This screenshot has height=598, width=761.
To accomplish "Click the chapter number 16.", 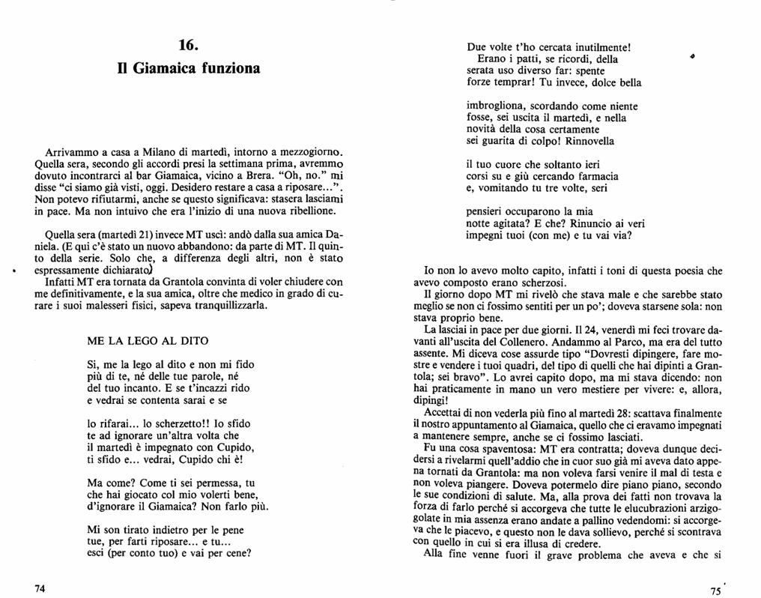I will click(x=188, y=45).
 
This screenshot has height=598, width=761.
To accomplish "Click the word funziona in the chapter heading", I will click(x=228, y=68).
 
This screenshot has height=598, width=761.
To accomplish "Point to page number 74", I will click(x=40, y=588).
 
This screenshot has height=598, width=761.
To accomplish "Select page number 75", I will click(x=717, y=591).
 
